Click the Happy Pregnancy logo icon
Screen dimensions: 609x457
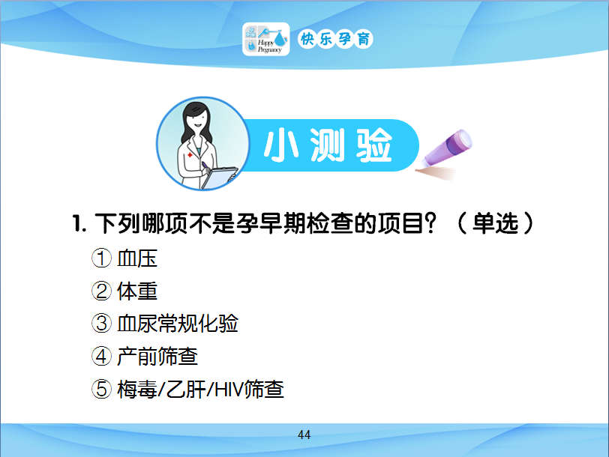(x=266, y=39)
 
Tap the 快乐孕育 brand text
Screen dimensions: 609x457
(x=335, y=39)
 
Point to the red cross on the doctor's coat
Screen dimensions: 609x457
(x=190, y=155)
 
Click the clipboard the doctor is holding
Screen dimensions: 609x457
(x=220, y=177)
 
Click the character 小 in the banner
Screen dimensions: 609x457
(x=281, y=145)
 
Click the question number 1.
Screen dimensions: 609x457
(x=79, y=224)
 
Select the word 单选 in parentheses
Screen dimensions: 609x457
(x=495, y=223)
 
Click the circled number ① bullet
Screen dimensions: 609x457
(x=101, y=258)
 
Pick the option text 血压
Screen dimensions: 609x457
(x=137, y=258)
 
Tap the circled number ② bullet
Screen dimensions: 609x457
(x=101, y=291)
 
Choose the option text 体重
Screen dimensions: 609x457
(x=137, y=291)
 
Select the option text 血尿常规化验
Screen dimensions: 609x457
(x=178, y=324)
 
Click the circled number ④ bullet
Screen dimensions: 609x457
(x=101, y=356)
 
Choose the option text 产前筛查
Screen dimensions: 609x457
(x=157, y=356)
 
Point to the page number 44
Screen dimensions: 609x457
(x=304, y=435)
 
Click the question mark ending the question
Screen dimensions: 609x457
(x=430, y=223)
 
